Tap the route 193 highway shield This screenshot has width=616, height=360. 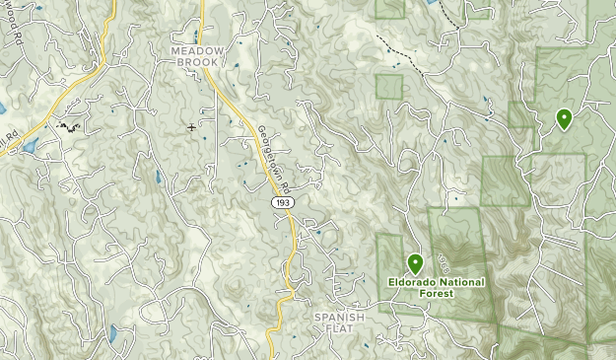click(284, 202)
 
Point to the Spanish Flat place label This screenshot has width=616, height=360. click(340, 324)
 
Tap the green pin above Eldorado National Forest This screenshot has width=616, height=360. click(416, 264)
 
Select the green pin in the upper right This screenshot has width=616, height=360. click(564, 119)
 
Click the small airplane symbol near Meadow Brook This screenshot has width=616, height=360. click(191, 127)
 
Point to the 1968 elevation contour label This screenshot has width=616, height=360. click(443, 261)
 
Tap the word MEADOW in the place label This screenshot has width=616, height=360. click(198, 49)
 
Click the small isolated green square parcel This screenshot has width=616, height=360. click(389, 87)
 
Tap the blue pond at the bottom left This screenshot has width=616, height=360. click(114, 332)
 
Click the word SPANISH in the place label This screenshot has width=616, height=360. click(340, 318)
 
